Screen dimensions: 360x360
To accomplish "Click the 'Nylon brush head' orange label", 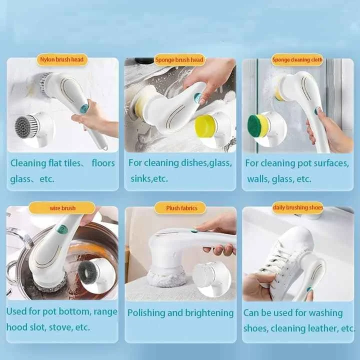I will tap(62, 60).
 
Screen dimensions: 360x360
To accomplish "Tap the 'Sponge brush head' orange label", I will tap(179, 60).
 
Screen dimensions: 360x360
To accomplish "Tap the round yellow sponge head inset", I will tap(205, 125).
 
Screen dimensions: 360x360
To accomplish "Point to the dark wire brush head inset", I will tap(89, 270).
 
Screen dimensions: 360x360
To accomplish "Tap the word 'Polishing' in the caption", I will tap(147, 313).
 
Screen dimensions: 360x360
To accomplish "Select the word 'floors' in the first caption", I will tap(103, 163).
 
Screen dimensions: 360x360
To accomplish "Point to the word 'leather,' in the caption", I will tap(329, 328).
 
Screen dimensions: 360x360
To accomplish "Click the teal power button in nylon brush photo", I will tap(84, 108).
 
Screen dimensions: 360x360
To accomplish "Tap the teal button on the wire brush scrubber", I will tap(62, 229).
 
